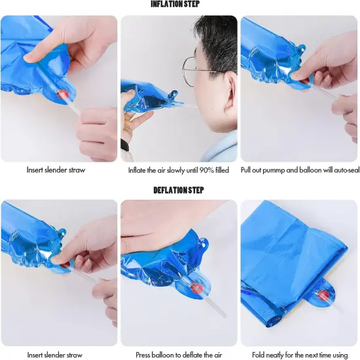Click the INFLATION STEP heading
(175, 4)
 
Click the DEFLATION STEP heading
(179, 190)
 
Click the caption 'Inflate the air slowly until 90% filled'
(179, 170)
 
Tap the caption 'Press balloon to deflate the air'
(179, 355)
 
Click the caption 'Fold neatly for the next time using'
(300, 355)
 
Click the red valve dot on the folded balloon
(323, 295)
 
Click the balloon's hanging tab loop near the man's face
(173, 94)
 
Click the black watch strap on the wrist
(124, 145)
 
